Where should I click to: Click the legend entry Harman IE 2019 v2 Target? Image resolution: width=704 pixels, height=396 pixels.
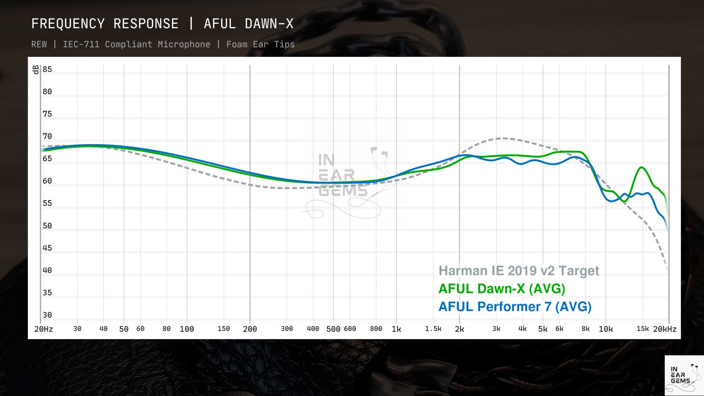click(518, 271)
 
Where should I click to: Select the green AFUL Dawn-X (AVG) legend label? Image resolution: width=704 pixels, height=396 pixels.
click(502, 289)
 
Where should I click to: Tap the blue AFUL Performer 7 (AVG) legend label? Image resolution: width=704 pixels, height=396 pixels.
click(515, 307)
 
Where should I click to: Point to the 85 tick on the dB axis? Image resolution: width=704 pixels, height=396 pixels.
click(47, 69)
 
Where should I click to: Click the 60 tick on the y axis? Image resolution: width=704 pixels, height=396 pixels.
click(47, 181)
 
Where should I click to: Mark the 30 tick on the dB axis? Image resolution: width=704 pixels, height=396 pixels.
click(47, 315)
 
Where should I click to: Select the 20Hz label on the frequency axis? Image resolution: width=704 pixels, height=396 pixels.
click(44, 329)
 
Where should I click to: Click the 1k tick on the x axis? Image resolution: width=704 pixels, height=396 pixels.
click(396, 329)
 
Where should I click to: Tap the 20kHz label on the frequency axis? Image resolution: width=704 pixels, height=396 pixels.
click(664, 329)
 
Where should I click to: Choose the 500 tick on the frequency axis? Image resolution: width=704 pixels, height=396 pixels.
click(333, 329)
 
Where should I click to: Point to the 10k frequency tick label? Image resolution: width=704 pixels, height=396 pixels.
click(606, 329)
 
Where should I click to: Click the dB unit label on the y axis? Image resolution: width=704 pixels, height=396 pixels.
click(36, 70)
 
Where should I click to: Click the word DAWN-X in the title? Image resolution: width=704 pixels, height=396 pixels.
click(269, 24)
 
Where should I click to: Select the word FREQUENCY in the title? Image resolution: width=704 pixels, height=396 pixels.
click(68, 24)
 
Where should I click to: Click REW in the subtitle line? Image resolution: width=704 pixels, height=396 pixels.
click(39, 44)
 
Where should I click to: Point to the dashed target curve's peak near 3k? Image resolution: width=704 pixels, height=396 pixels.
click(505, 138)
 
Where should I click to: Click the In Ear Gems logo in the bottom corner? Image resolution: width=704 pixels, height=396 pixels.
click(684, 375)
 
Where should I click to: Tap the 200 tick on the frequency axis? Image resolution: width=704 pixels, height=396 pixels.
click(250, 329)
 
